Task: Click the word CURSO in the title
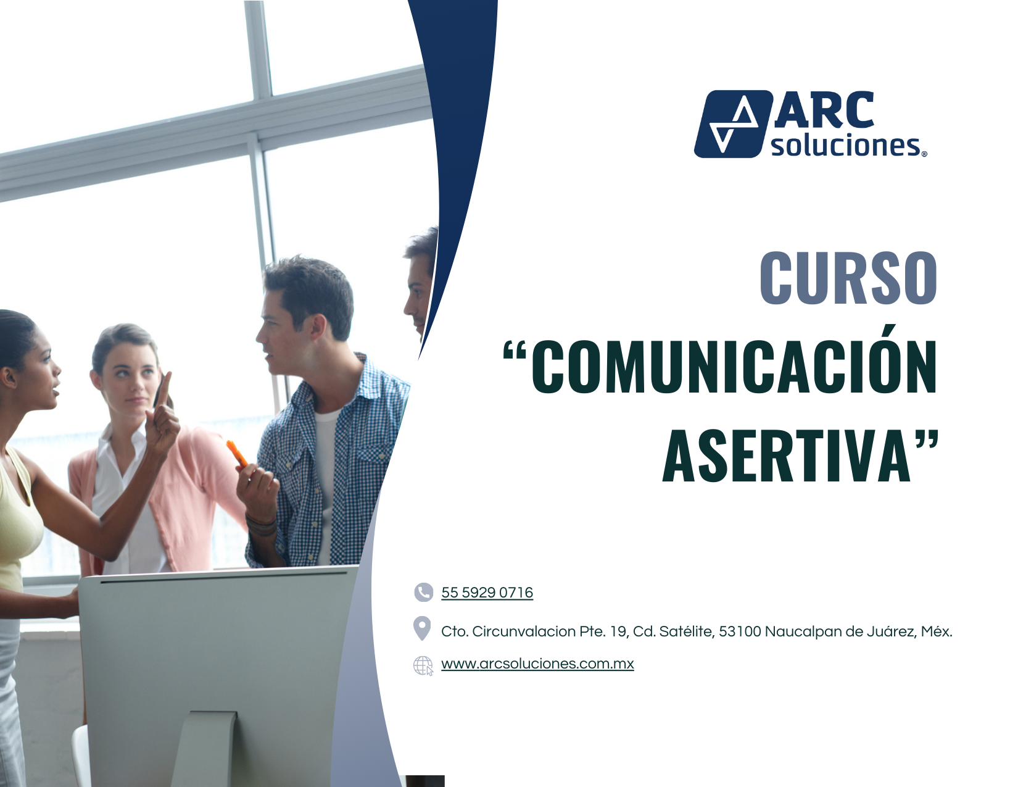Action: [848, 278]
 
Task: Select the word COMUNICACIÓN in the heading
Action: [734, 367]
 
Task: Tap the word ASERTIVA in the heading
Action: [785, 456]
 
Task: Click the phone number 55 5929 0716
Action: [487, 593]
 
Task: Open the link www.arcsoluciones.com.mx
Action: [537, 664]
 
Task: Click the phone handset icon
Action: [423, 593]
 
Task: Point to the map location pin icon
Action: [422, 628]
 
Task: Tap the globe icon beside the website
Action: [423, 665]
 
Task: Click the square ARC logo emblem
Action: [733, 123]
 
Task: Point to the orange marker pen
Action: [236, 454]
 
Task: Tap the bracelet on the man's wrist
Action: [262, 525]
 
